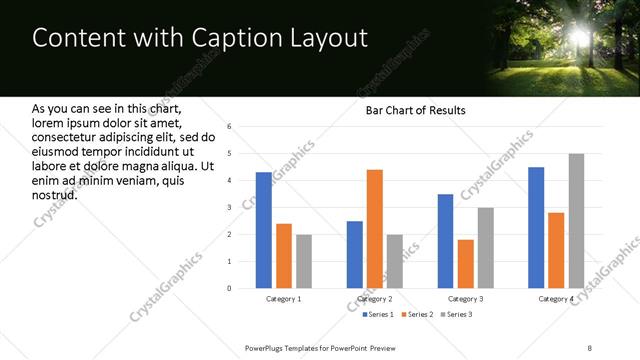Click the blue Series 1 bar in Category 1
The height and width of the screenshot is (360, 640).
tap(263, 230)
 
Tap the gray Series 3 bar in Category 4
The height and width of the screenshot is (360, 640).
tap(576, 221)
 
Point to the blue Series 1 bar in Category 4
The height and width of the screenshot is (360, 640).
tap(536, 227)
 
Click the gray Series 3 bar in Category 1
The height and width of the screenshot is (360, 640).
tap(304, 261)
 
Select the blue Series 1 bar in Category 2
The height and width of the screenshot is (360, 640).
tap(355, 254)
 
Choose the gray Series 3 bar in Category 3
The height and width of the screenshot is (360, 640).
tap(486, 248)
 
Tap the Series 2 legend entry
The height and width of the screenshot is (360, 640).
tap(416, 314)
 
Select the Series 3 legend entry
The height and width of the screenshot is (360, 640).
tap(457, 314)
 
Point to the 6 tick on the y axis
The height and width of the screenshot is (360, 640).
tap(230, 127)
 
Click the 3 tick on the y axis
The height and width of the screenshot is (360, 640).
tap(230, 208)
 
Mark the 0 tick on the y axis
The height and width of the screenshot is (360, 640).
tap(230, 289)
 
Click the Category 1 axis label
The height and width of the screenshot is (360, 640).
tap(284, 299)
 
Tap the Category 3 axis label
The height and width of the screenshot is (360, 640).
tap(466, 299)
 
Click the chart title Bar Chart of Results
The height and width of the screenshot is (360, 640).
tap(415, 110)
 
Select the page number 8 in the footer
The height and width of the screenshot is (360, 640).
tap(590, 347)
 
